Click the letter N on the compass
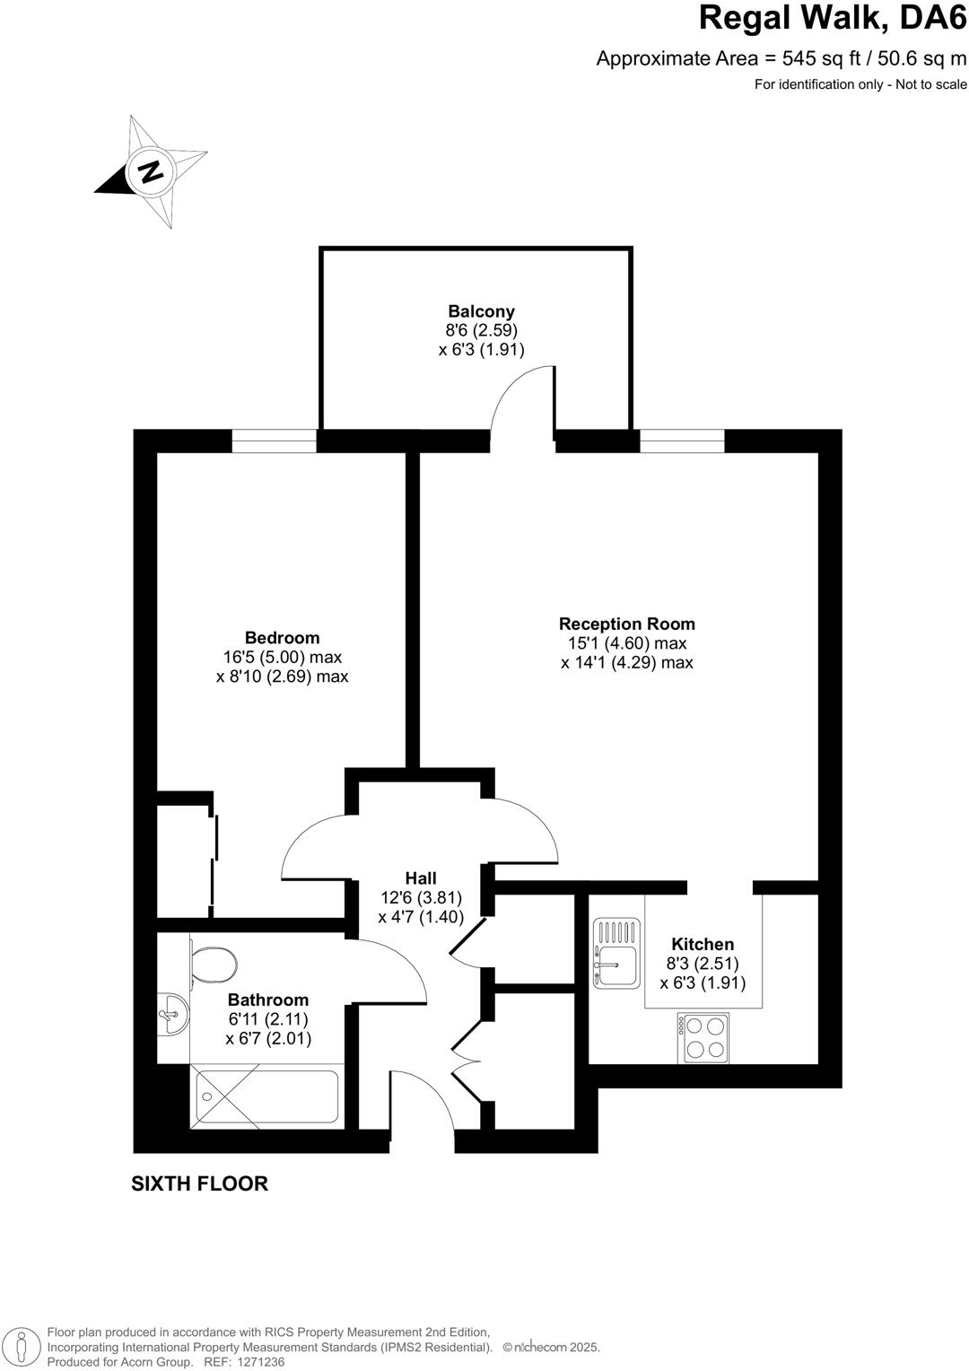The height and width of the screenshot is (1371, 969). point(151,170)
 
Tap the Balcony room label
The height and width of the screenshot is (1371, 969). point(482,311)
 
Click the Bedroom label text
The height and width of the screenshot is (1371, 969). point(282,638)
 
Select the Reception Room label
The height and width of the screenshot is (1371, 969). point(626,624)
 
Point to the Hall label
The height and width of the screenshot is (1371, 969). point(420,878)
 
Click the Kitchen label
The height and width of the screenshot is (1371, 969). point(703,944)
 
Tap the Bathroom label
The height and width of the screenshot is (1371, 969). point(267,1000)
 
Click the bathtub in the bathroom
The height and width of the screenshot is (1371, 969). point(267,1096)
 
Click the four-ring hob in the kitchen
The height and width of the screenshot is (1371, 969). point(703,1037)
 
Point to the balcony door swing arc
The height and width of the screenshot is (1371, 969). point(519,395)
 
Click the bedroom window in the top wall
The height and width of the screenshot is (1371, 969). point(274,441)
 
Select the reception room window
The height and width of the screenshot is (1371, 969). point(681,441)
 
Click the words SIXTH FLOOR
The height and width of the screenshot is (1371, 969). point(199,1183)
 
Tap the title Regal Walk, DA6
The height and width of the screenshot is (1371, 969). point(832,19)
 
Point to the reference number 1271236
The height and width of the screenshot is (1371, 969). point(257,1361)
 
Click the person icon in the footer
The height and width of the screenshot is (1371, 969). point(24,1347)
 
